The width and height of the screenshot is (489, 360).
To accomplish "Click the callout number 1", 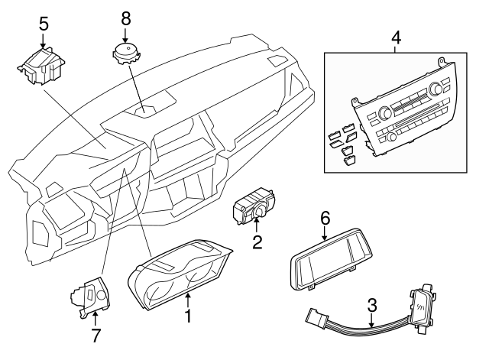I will (x=187, y=315).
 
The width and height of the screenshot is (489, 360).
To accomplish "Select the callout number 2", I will (x=257, y=243).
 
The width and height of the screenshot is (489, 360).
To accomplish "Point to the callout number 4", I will (x=395, y=36).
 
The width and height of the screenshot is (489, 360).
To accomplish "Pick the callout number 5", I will (x=44, y=23).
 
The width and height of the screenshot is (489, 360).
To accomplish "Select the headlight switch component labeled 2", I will (x=254, y=206).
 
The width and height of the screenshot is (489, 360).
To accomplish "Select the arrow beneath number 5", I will (x=44, y=39).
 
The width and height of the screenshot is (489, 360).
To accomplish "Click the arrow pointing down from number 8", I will (x=125, y=34).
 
